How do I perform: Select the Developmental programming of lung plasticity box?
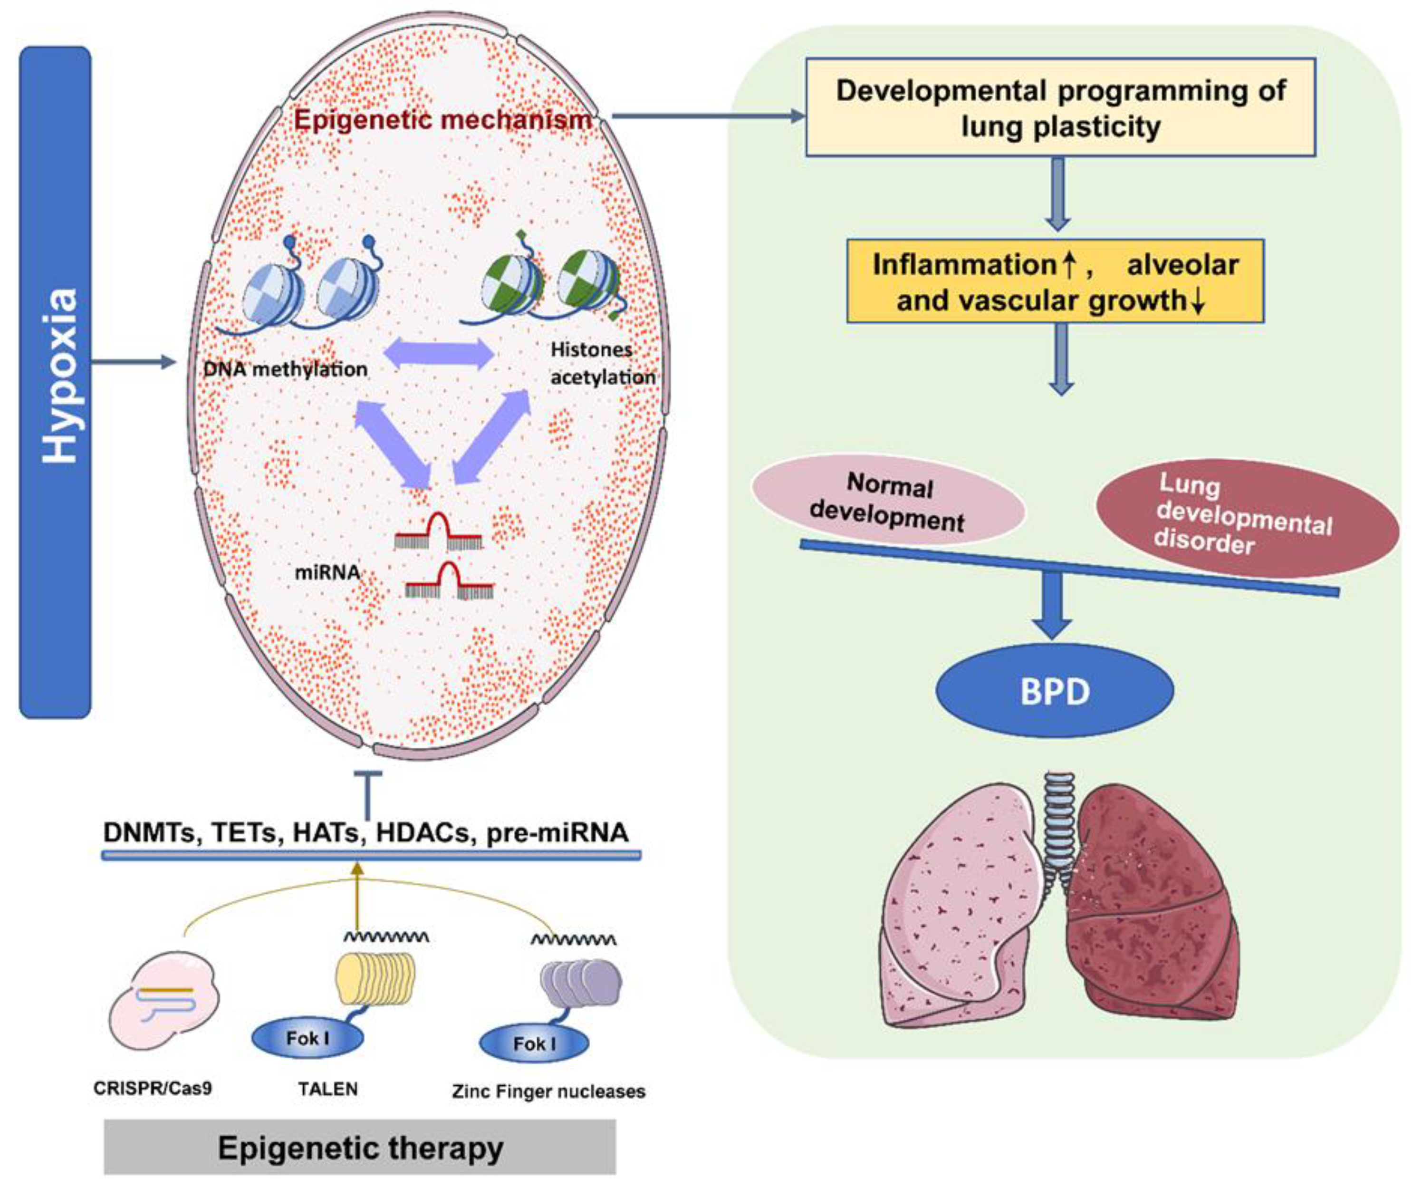click(1060, 108)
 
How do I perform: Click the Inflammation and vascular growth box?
click(1055, 281)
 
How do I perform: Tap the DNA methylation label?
click(286, 369)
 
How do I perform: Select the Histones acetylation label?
click(601, 364)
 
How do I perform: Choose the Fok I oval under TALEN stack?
click(307, 1038)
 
